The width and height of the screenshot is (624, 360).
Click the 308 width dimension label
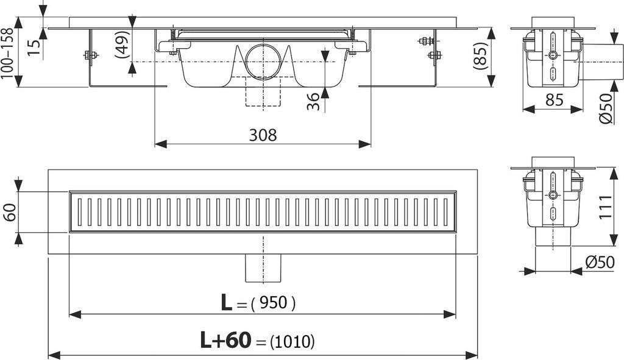tap(263, 135)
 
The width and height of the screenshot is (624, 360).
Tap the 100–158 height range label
tap(8, 54)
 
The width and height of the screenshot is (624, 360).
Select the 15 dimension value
tap(35, 48)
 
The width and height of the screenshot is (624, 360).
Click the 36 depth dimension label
tap(314, 102)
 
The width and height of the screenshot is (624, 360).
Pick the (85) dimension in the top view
tap(481, 56)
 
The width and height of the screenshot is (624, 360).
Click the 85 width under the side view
tap(554, 100)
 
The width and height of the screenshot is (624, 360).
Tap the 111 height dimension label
tap(605, 206)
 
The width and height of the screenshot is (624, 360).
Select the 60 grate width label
tap(10, 212)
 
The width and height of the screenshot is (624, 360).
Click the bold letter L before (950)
tap(227, 303)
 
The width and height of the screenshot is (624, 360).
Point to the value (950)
tap(274, 303)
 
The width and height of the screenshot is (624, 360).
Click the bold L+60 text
tap(225, 340)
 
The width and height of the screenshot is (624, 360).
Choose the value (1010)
tap(292, 341)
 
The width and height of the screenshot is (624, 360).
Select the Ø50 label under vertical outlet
tap(600, 262)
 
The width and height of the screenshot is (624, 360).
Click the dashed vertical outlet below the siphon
tap(263, 92)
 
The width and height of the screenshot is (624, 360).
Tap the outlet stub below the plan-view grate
tap(263, 267)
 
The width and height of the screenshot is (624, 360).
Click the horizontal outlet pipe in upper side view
tap(601, 62)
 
